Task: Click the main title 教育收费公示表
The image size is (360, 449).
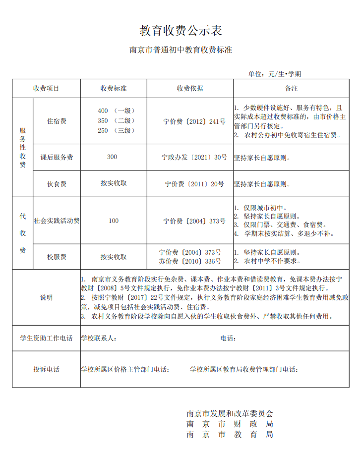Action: [180, 31]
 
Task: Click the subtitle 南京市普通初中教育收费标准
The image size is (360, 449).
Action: [180, 50]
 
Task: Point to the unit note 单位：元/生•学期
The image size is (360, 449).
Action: [275, 74]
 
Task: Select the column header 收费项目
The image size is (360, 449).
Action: [46, 89]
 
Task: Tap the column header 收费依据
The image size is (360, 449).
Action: [190, 89]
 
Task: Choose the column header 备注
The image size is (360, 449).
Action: [291, 89]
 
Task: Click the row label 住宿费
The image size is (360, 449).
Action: [57, 121]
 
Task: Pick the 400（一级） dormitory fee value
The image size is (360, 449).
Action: [117, 111]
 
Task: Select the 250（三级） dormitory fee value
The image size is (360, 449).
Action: [117, 130]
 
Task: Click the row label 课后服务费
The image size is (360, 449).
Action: [57, 158]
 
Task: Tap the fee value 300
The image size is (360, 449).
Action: [112, 157]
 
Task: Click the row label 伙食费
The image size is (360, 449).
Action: [57, 184]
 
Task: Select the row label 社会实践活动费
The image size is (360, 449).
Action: [57, 221]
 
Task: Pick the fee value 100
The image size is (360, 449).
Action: [114, 221]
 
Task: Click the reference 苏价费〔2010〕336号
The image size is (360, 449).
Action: [190, 261]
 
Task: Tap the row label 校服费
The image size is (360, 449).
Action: [57, 257]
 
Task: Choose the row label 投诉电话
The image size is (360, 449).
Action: [46, 369]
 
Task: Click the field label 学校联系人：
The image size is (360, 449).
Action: [99, 338]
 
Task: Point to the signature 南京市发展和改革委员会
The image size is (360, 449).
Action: [230, 413]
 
